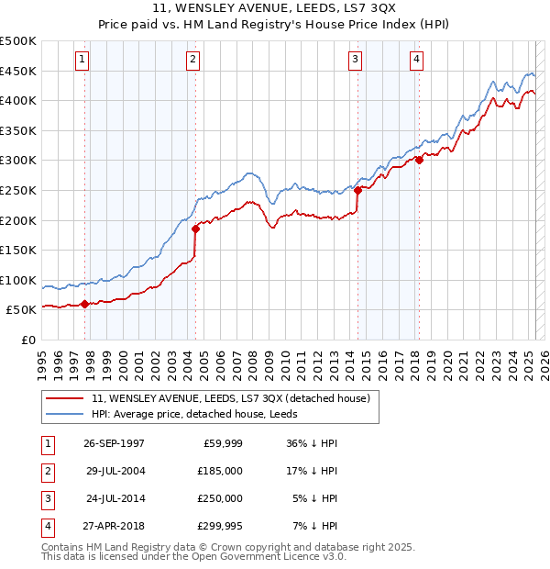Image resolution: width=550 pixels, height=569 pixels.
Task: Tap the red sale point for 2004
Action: [x=195, y=229]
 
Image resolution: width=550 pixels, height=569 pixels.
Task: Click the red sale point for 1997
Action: [x=84, y=304]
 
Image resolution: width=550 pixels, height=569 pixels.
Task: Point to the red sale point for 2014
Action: [x=357, y=191]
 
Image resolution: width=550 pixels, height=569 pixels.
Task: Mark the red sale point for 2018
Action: [x=419, y=160]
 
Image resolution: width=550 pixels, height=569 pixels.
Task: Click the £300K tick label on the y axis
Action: [x=18, y=161]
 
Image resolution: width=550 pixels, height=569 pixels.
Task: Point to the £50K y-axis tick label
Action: [x=22, y=310]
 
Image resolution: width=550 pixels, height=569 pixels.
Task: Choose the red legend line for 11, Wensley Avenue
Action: [x=65, y=398]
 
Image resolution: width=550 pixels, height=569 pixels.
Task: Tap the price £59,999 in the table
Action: [x=222, y=442]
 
